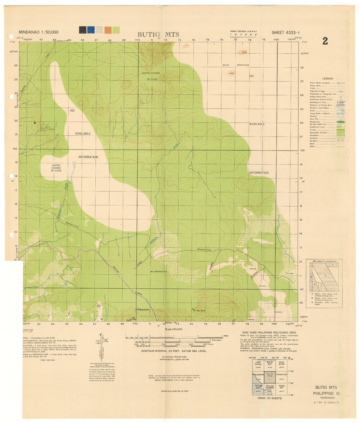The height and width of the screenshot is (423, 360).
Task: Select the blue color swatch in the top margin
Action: click(x=91, y=30)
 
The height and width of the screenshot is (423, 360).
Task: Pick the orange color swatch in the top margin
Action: click(x=108, y=30)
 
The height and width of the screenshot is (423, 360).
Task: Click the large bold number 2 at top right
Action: click(x=325, y=41)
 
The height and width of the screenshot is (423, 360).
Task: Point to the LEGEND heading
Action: click(x=328, y=78)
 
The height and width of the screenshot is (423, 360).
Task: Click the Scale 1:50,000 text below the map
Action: click(x=174, y=329)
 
